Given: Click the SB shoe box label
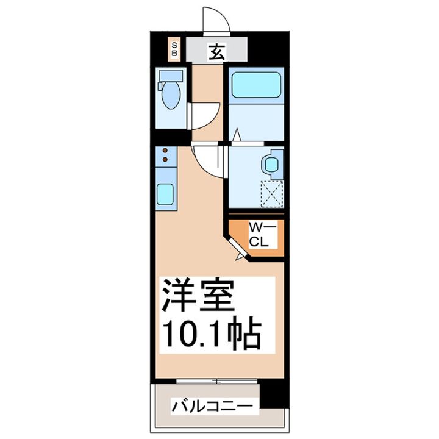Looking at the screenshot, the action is point(174,49).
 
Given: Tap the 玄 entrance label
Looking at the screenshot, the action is point(216,52).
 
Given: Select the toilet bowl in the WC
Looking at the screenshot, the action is point(171,95).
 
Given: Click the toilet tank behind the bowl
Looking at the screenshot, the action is point(171,76).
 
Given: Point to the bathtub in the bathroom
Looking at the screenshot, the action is point(256,85).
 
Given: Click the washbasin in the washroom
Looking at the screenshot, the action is point(271,165).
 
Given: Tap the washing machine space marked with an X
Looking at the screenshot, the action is point(271,194).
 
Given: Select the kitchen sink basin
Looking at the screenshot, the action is point(165,195).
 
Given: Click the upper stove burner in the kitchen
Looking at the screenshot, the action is point(165,151).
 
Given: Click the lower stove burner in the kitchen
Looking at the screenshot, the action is point(165,159).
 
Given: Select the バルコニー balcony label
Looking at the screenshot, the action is point(212,405).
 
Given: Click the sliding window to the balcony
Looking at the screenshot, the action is point(216,381).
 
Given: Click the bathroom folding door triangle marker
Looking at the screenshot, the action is point(237,135).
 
